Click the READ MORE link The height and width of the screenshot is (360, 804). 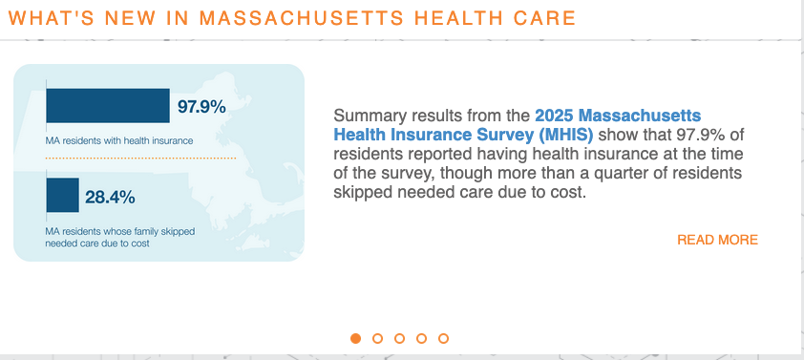(x=717, y=240)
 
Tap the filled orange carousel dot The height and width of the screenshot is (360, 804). (x=355, y=338)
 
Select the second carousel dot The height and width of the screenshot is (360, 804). (x=377, y=338)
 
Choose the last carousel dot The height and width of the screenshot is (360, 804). (x=443, y=338)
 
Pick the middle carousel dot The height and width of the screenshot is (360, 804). (x=399, y=338)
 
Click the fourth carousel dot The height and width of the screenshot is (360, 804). (x=421, y=338)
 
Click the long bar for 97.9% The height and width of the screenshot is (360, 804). (x=108, y=106)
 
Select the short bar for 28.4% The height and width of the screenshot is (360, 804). (x=63, y=196)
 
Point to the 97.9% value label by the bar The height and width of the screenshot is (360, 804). (x=201, y=107)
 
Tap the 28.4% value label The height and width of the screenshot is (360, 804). (x=110, y=198)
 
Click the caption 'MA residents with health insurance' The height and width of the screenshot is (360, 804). (x=119, y=141)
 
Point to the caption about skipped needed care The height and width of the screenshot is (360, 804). (x=104, y=237)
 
